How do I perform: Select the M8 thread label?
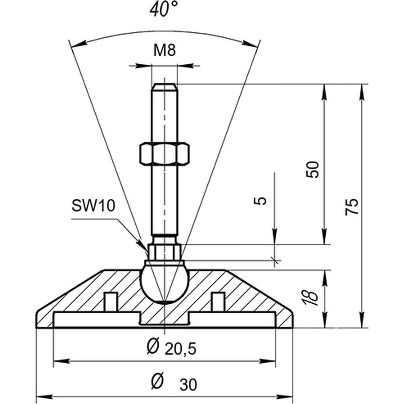pyautogui.click(x=164, y=51)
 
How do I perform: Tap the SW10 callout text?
pyautogui.click(x=93, y=206)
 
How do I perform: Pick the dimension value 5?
pyautogui.click(x=263, y=201)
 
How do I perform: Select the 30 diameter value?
pyautogui.click(x=188, y=385)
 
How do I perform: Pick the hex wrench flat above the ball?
pyautogui.click(x=164, y=253)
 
